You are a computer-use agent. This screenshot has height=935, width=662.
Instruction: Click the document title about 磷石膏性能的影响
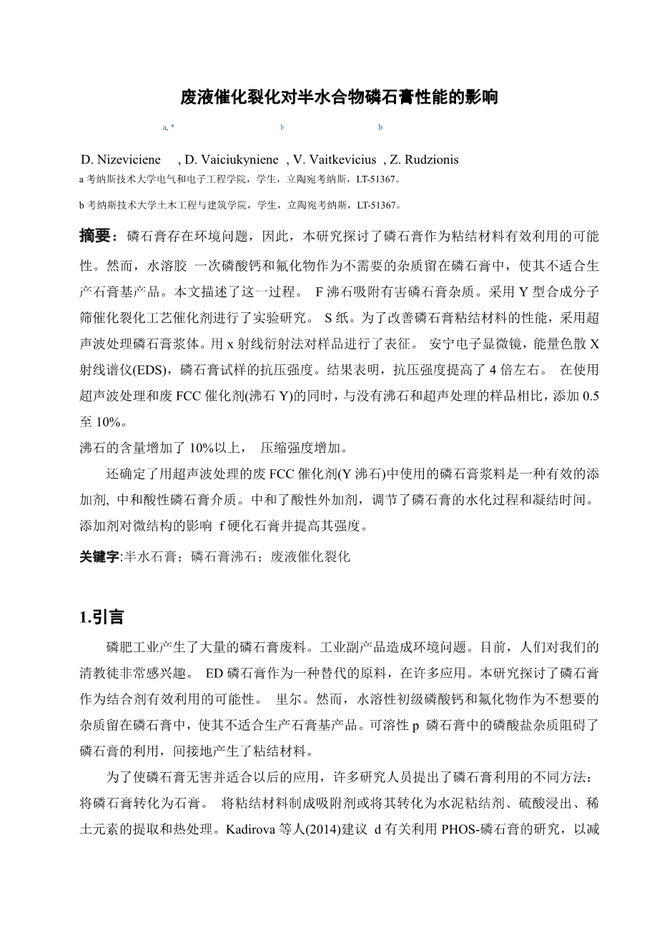point(338,98)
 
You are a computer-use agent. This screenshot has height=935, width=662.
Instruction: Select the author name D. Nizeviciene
point(121,159)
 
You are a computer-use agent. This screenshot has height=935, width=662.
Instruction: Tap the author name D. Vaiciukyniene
point(230,159)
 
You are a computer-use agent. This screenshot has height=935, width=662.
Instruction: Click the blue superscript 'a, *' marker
point(169,127)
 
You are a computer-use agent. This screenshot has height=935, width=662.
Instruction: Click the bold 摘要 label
point(94,236)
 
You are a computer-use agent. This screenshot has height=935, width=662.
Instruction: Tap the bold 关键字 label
point(99,556)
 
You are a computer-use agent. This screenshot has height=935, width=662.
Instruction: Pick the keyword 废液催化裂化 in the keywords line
point(311,556)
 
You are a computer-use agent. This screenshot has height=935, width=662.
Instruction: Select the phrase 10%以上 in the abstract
point(209,449)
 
